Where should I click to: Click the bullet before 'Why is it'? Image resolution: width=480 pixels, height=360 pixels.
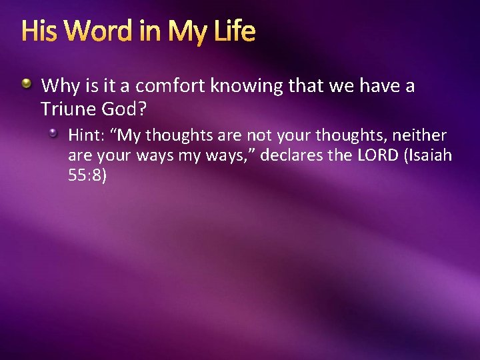pyautogui.click(x=27, y=85)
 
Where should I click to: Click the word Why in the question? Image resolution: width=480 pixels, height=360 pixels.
pyautogui.click(x=58, y=86)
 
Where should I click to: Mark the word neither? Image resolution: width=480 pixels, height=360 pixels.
pyautogui.click(x=419, y=135)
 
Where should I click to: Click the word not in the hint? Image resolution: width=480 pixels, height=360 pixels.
pyautogui.click(x=259, y=135)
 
